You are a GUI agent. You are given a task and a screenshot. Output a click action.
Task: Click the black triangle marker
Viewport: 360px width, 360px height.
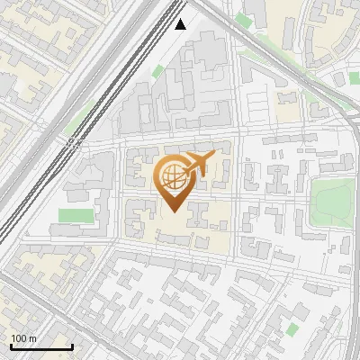tap(181, 24)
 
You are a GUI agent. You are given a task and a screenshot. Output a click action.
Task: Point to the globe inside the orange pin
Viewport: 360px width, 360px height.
tap(171, 176)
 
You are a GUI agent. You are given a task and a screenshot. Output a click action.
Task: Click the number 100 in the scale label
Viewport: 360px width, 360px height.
tap(19, 338)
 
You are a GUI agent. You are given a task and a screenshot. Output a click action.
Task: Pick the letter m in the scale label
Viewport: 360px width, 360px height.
tap(32, 338)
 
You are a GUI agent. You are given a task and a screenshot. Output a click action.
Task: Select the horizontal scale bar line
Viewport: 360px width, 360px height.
tap(41, 347)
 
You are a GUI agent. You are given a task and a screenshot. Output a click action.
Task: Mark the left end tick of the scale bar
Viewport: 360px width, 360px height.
tap(11, 346)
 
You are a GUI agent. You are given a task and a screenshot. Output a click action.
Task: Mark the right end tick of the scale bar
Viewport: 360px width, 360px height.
tap(72, 346)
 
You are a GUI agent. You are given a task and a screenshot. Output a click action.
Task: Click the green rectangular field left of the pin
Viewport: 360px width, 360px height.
tap(76, 216)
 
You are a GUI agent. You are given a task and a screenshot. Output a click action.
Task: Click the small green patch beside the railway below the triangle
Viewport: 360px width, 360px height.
tap(158, 71)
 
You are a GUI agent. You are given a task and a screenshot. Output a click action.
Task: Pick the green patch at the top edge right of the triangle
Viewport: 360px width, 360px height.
tap(243, 20)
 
